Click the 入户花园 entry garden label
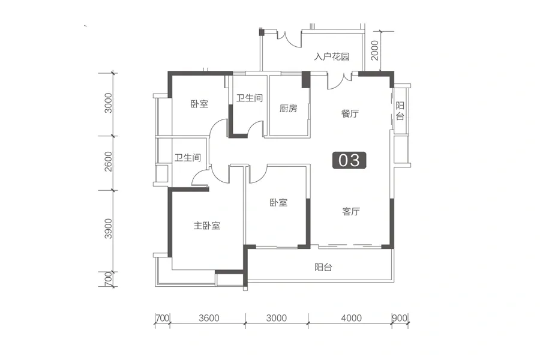coord(332,56)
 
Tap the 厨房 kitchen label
coord(288,109)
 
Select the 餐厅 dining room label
coord(350,113)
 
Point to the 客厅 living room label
coord(351,211)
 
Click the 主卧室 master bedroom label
coord(206,226)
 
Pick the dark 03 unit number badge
coord(349,161)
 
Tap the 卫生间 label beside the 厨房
coord(250,98)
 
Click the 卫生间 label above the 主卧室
coord(188,158)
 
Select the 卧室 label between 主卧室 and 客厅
coord(278,203)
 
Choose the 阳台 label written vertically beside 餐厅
coord(400,110)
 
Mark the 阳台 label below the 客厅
coord(323,267)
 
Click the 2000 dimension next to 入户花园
coord(374,50)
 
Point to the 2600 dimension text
coord(109,161)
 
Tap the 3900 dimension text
coord(109,229)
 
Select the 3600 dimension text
coord(209,317)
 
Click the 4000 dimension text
coord(351,317)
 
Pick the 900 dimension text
coord(400,317)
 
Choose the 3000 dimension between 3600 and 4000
coord(277,317)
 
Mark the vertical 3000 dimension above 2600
coord(109,103)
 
